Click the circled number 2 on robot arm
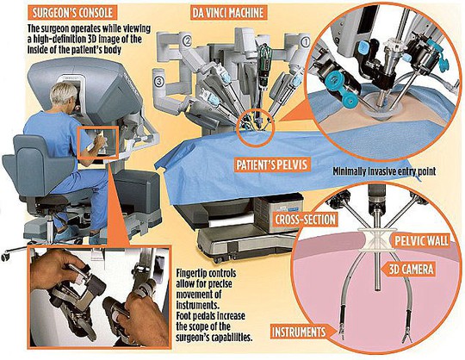coord(186,40)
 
